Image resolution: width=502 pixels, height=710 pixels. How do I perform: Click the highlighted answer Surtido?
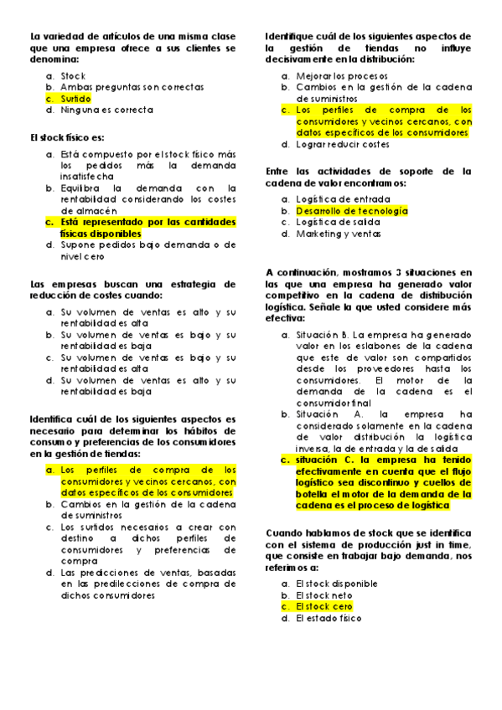[75, 99]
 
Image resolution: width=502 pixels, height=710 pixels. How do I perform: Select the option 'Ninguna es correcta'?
[106, 111]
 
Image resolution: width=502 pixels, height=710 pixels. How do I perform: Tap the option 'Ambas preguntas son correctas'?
[132, 87]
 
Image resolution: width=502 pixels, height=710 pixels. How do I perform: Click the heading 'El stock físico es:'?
[67, 138]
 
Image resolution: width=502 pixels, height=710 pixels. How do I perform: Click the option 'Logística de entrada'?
[343, 199]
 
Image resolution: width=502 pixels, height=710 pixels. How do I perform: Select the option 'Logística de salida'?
[339, 223]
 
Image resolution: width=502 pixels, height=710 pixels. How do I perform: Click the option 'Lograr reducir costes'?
[343, 145]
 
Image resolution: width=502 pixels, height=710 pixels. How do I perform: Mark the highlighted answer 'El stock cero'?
[324, 606]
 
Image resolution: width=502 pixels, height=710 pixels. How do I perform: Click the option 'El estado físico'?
[329, 619]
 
